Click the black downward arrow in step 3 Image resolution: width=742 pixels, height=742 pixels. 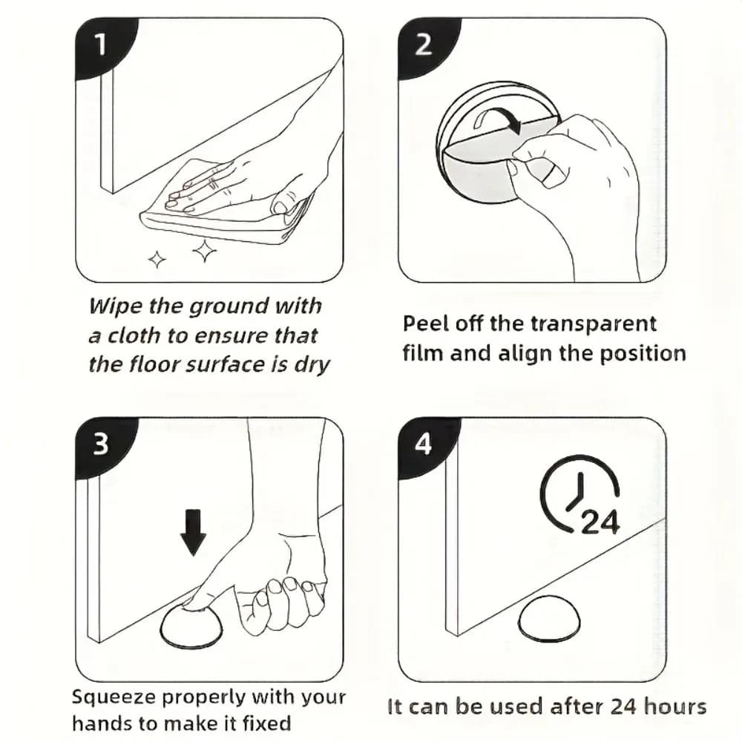193,532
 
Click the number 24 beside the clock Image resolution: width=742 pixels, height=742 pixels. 600,522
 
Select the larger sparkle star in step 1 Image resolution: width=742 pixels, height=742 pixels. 205,251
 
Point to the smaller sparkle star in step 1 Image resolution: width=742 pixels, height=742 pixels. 157,259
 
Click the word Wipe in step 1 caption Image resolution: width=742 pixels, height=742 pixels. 116,306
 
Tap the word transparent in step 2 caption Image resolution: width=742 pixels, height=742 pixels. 594,325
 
